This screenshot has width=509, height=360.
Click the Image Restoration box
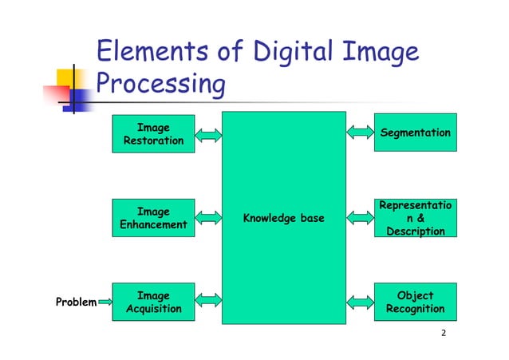tap(153, 134)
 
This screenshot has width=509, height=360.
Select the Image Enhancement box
tap(153, 218)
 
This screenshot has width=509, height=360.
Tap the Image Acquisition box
tap(153, 302)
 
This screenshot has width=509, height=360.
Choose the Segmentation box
tap(415, 133)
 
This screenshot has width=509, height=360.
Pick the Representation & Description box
tap(415, 218)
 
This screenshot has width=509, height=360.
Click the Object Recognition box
tap(415, 302)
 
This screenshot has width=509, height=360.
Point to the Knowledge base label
tap(283, 217)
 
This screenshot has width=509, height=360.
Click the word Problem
tap(75, 303)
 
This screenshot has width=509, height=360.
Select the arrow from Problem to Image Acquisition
tap(104, 303)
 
